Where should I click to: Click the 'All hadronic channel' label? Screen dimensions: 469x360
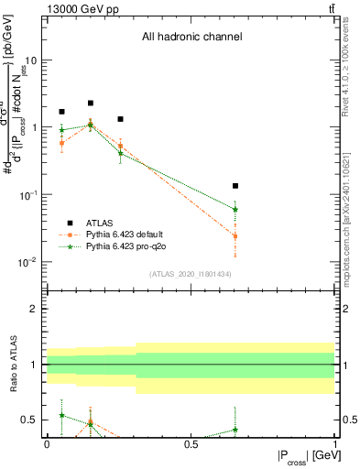(191, 38)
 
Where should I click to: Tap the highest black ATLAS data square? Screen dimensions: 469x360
(91, 104)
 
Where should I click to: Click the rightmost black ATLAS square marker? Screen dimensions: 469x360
(235, 186)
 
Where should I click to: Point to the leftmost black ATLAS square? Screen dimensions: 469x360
(61, 112)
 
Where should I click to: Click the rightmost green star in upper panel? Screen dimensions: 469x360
(235, 209)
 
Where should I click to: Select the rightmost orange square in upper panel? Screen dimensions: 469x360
(235, 236)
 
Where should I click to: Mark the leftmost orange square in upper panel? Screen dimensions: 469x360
(61, 143)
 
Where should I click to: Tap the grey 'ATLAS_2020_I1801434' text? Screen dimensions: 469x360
(191, 274)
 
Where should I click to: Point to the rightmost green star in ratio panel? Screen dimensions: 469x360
(235, 429)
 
